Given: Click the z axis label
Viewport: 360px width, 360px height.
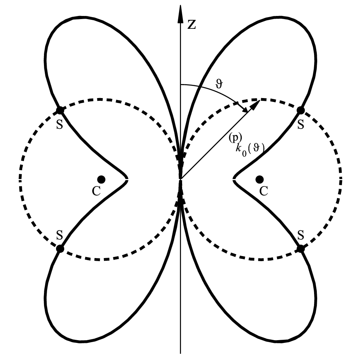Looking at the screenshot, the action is (x=192, y=25).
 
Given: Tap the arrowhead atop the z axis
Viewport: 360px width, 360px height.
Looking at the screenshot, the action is (x=181, y=14).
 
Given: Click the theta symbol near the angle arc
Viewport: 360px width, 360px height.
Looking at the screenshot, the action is (x=219, y=84).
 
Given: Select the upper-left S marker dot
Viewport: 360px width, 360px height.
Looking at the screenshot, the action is (x=60, y=111).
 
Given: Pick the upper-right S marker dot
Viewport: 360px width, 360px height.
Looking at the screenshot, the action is (x=301, y=111).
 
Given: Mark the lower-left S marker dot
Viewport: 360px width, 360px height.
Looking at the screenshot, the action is (x=60, y=248).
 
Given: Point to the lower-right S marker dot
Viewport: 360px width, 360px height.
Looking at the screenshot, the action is (x=301, y=248).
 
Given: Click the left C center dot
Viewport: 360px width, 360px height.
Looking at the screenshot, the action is (x=101, y=179).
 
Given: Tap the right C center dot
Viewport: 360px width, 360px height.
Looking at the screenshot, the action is (x=260, y=179).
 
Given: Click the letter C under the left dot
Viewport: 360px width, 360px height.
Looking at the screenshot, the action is (x=97, y=191).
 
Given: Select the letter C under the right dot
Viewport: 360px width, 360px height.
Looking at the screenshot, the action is (x=264, y=191).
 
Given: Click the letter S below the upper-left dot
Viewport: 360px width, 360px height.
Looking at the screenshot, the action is (x=60, y=125).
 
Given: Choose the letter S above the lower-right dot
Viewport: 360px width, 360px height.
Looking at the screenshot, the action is (x=300, y=235).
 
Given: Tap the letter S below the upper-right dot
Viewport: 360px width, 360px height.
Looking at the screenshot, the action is (x=300, y=125).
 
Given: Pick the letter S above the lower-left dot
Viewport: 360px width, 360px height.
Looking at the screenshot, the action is (x=60, y=235).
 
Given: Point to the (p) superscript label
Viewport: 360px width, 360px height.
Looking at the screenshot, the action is (x=235, y=138).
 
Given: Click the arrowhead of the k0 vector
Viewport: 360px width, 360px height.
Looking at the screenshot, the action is (x=255, y=105).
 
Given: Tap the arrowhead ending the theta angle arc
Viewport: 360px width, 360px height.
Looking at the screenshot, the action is (x=244, y=109).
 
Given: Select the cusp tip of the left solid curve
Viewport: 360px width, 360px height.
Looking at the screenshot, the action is (x=127, y=179).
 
